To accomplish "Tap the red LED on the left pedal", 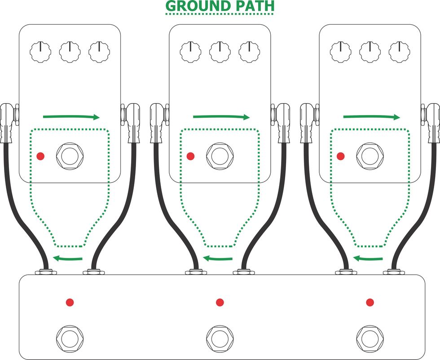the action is point(41,156).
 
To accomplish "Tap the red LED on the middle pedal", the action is point(190,156).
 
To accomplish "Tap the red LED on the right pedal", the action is point(341,156).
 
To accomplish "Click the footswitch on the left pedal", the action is point(70,156).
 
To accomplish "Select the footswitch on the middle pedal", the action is point(220,156).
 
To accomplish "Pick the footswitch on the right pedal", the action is point(370,156).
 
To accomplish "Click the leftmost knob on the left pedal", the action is point(40,52).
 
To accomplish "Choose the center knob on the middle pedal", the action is point(220,52).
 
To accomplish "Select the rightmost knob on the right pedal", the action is point(400,52).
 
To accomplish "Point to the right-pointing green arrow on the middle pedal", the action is point(221,116).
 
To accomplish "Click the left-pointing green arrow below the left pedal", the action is point(68,258).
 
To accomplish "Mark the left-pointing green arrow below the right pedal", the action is point(368,258).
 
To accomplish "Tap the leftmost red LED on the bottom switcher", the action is point(70,302).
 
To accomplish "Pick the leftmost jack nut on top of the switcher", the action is point(46,271).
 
